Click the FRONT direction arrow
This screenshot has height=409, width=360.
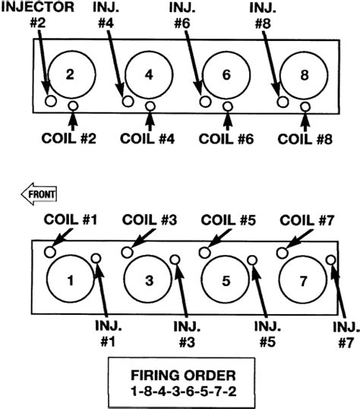(39, 193)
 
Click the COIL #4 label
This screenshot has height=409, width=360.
(147, 138)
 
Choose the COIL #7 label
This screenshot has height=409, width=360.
(307, 220)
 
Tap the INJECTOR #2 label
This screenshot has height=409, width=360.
(37, 14)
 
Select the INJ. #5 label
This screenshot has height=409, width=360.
(267, 334)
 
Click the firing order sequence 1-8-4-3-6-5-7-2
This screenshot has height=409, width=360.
(184, 392)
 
